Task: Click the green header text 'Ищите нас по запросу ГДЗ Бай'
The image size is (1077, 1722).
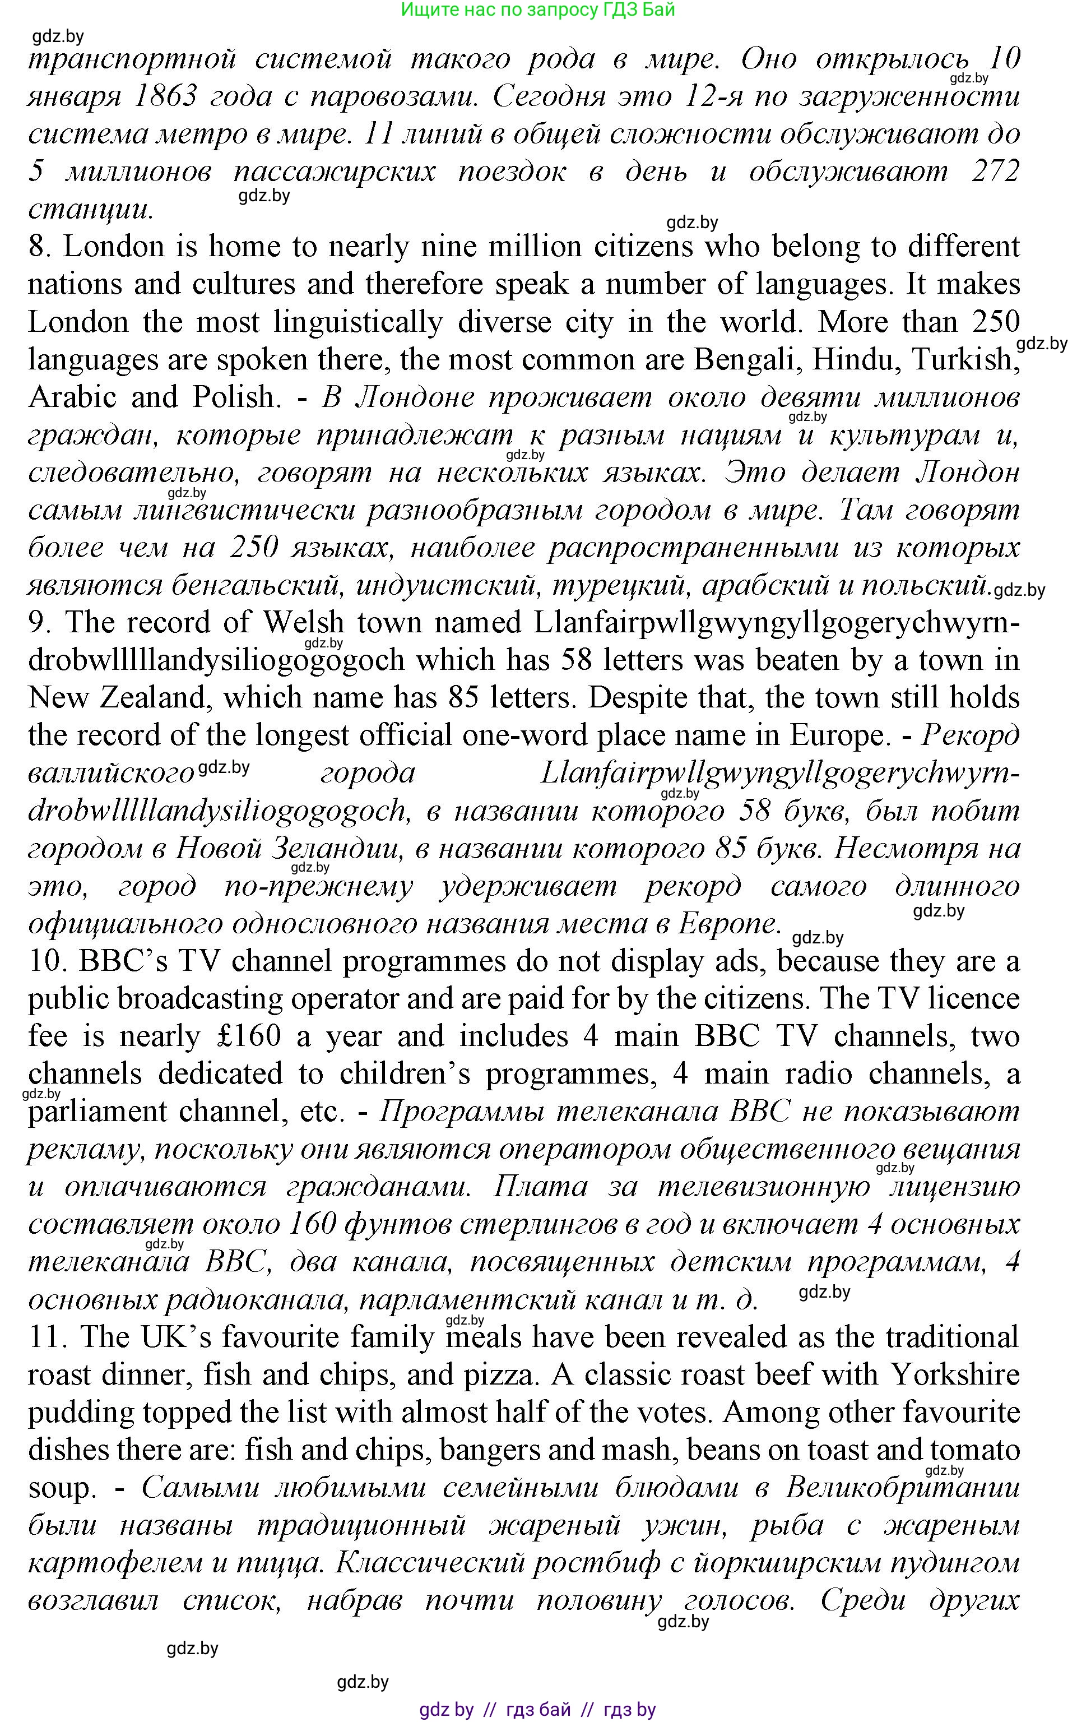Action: (x=538, y=10)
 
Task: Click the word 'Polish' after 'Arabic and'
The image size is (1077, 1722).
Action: (x=234, y=397)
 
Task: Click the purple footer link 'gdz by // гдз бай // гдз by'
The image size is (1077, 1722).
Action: (x=538, y=1709)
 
